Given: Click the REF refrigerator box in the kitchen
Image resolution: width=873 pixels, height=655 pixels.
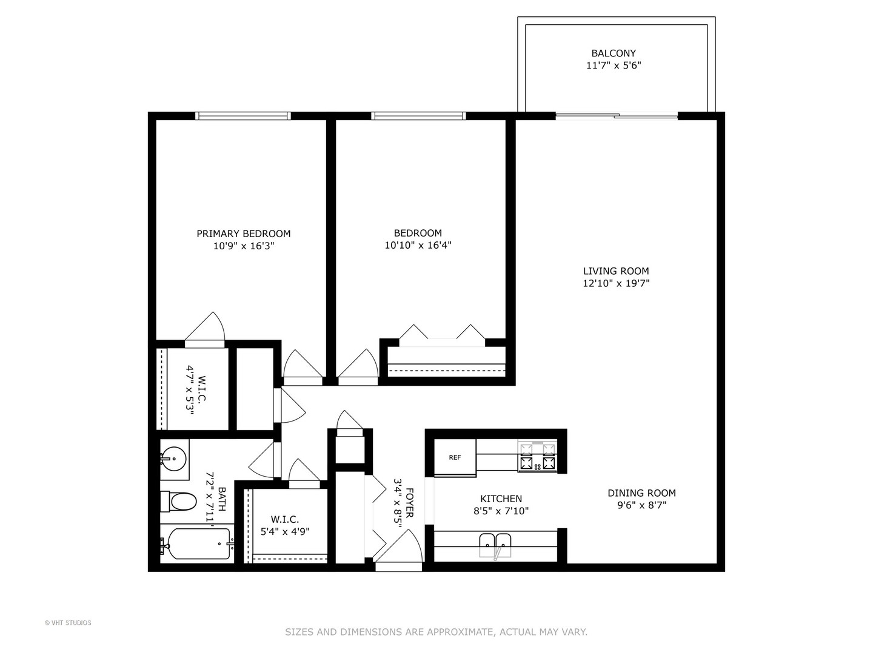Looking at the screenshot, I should (x=455, y=457).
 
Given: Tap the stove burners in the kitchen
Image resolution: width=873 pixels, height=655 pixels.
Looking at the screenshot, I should (x=537, y=457).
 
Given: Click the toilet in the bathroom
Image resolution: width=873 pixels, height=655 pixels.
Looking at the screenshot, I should (x=179, y=502).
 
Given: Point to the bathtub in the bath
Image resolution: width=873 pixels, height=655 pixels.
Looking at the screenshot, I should (x=197, y=543).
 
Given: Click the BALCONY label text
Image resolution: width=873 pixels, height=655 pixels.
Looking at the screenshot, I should (x=614, y=53).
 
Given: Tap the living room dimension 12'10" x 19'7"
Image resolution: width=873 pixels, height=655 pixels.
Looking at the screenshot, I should (x=616, y=283).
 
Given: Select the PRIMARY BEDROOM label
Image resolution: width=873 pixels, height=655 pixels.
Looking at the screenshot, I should (x=243, y=233).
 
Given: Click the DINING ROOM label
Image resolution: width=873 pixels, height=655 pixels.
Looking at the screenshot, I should (x=641, y=493).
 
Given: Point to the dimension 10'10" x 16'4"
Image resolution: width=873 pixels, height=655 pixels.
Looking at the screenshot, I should (x=418, y=246).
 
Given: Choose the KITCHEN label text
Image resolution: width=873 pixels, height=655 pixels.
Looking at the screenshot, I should (x=501, y=499).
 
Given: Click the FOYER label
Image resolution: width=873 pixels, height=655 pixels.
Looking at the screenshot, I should (x=410, y=503).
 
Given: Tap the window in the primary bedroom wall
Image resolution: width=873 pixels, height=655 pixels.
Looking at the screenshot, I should (x=243, y=116).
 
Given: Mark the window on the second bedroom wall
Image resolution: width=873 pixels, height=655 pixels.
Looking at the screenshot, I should (x=418, y=116).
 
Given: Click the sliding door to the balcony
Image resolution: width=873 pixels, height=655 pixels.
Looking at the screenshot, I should (x=617, y=116).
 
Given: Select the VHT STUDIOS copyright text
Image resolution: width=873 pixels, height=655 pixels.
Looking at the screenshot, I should (x=68, y=623).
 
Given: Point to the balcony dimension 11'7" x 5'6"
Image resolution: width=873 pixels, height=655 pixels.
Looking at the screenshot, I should (x=614, y=65).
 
